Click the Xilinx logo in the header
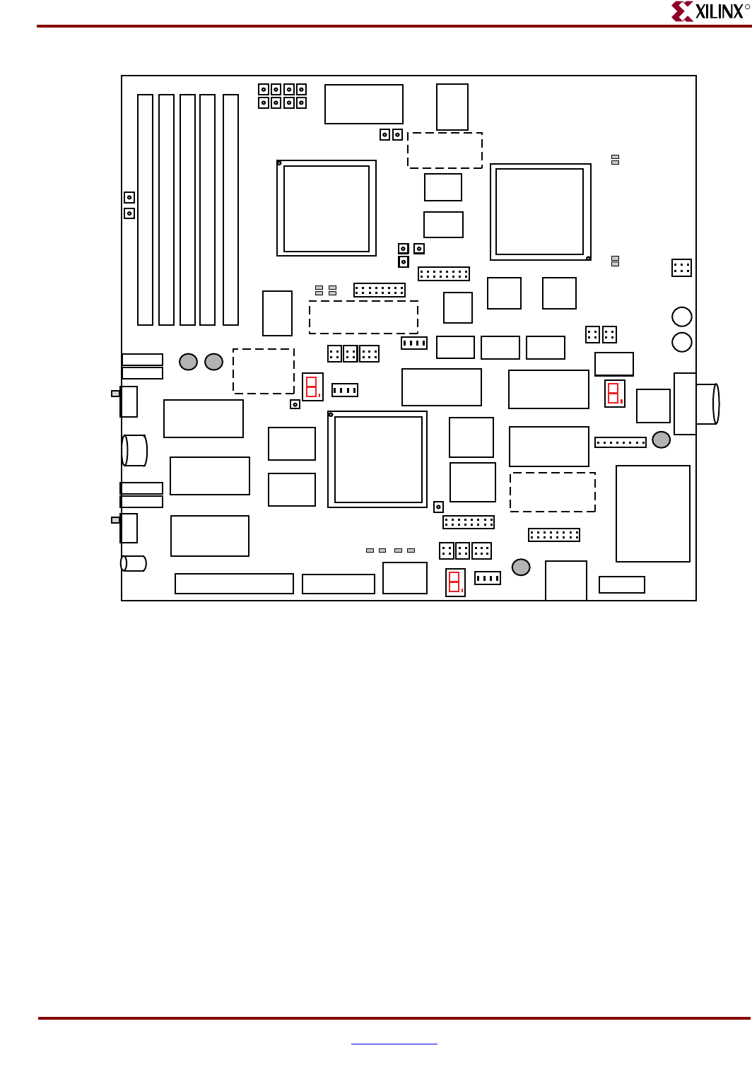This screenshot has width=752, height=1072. tap(710, 11)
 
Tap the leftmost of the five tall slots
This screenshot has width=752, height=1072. tap(145, 210)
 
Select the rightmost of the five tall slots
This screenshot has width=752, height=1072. tap(230, 210)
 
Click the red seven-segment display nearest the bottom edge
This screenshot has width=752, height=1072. tap(455, 582)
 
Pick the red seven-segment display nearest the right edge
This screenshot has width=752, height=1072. tap(615, 394)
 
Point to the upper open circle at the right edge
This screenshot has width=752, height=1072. tap(681, 317)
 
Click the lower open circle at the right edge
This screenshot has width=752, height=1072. tap(681, 342)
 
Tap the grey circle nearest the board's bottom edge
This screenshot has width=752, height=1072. tap(521, 567)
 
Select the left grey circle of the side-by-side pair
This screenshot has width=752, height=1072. tap(188, 362)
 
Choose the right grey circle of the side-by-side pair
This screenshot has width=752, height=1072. tap(213, 362)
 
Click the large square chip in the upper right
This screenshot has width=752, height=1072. tap(541, 212)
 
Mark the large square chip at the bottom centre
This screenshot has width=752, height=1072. tap(377, 459)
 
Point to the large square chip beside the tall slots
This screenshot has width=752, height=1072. tap(327, 208)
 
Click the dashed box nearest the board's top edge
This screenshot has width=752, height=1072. tap(445, 151)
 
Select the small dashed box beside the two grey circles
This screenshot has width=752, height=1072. tap(264, 372)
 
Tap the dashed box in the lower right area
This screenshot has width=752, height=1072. tap(553, 492)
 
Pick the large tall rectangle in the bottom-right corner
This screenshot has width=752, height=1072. tap(653, 514)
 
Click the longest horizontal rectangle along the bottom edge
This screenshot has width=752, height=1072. tap(234, 584)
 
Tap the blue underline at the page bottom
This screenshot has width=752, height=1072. tap(394, 1044)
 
